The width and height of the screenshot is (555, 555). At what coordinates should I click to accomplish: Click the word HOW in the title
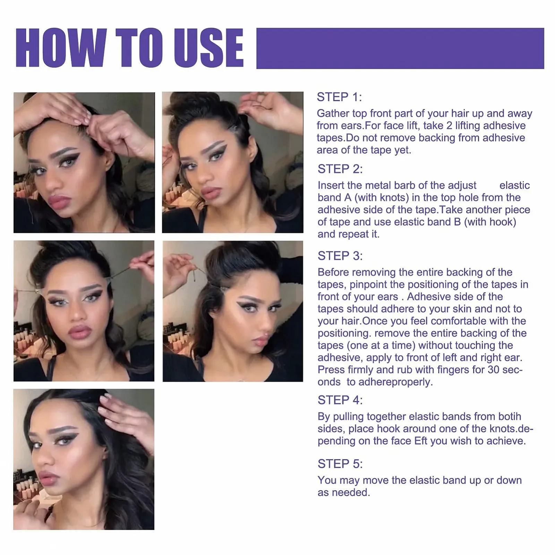point(61,48)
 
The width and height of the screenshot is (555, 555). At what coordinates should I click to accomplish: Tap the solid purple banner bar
point(400,48)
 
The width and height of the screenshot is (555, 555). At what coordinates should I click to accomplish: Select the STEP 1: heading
point(339,97)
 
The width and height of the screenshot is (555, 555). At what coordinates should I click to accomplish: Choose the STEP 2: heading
point(340,169)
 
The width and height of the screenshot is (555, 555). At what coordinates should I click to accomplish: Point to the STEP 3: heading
point(340,256)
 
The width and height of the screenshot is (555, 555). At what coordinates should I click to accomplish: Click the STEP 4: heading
point(340,400)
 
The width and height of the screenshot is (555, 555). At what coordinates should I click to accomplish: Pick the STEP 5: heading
point(340,464)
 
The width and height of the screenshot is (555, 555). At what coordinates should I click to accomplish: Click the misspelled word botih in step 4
point(510,417)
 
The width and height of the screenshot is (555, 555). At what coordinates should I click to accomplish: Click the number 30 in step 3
point(493,370)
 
